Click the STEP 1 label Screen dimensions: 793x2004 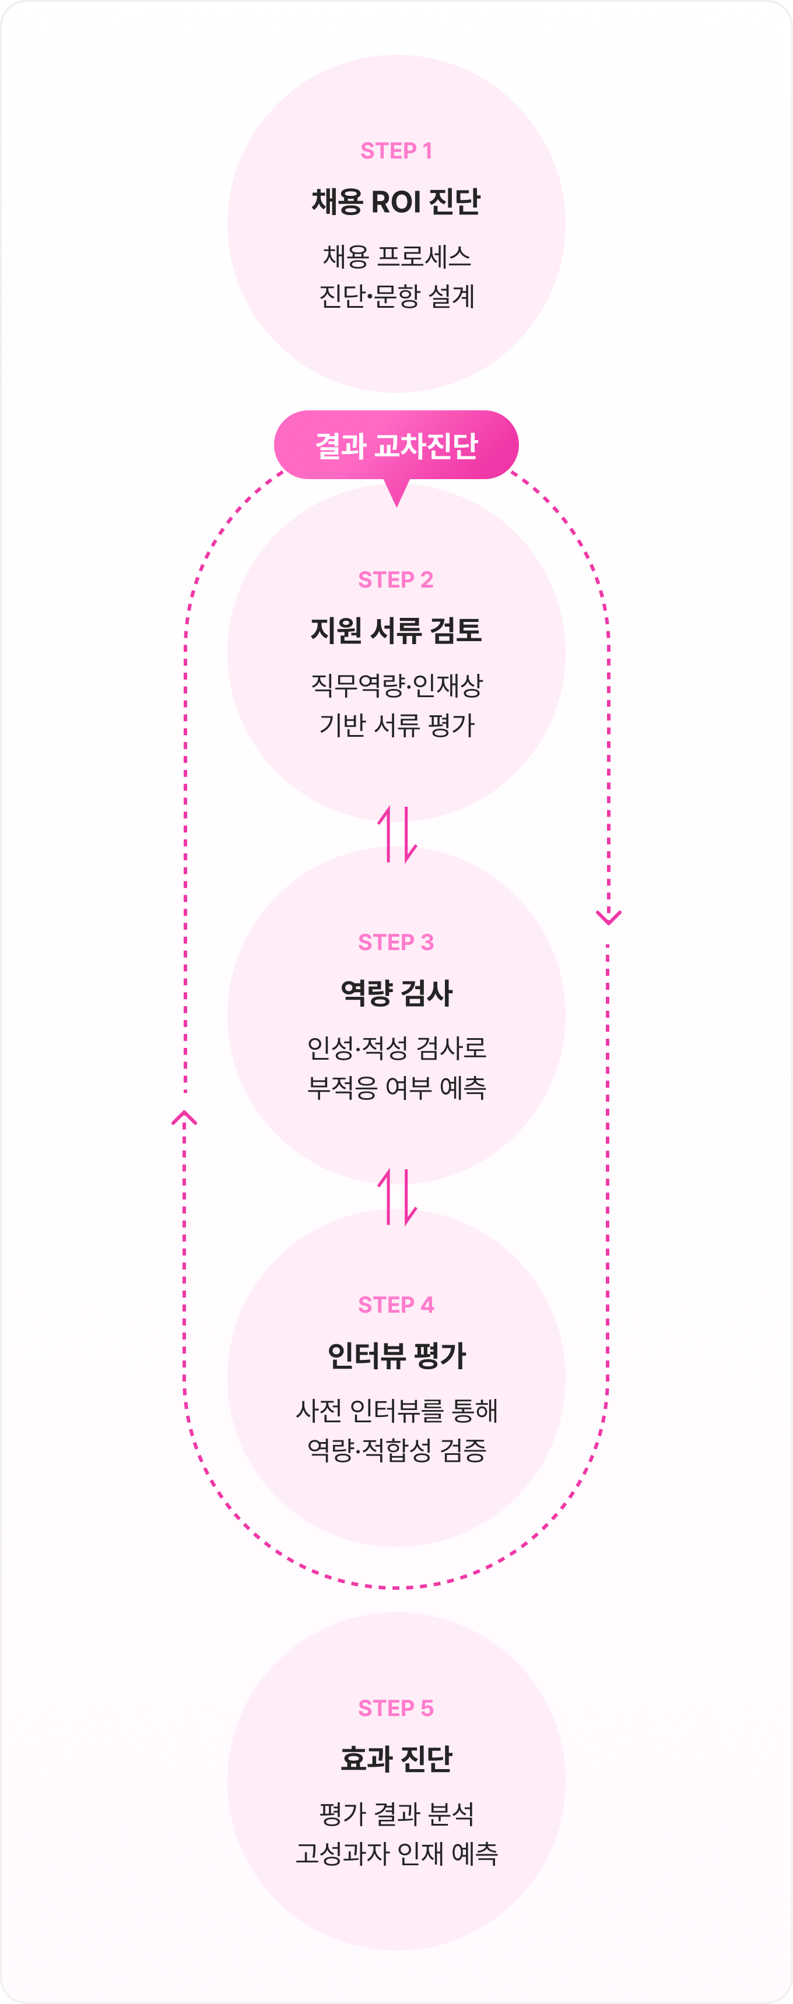coord(396,150)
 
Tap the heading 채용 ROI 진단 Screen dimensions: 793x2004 coord(396,202)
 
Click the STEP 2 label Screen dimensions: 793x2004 coord(396,579)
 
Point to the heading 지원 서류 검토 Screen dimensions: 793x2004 coord(396,630)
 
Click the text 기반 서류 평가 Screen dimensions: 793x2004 coord(396,725)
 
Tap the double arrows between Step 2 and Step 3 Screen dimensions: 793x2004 coord(397,835)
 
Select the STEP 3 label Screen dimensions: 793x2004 coord(396,942)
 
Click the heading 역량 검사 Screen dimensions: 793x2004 coord(396,993)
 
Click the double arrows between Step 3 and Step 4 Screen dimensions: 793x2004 coord(397,1197)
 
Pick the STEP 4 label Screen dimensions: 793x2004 coord(396,1305)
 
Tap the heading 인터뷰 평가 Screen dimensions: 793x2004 coord(396,1356)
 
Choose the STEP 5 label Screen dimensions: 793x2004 coord(396,1708)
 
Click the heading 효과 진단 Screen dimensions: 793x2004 coord(396,1759)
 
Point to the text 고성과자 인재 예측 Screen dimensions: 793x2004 coord(396,1854)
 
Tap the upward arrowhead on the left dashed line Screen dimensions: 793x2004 coord(184,1118)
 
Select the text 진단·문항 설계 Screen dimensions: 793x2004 coord(396,296)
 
